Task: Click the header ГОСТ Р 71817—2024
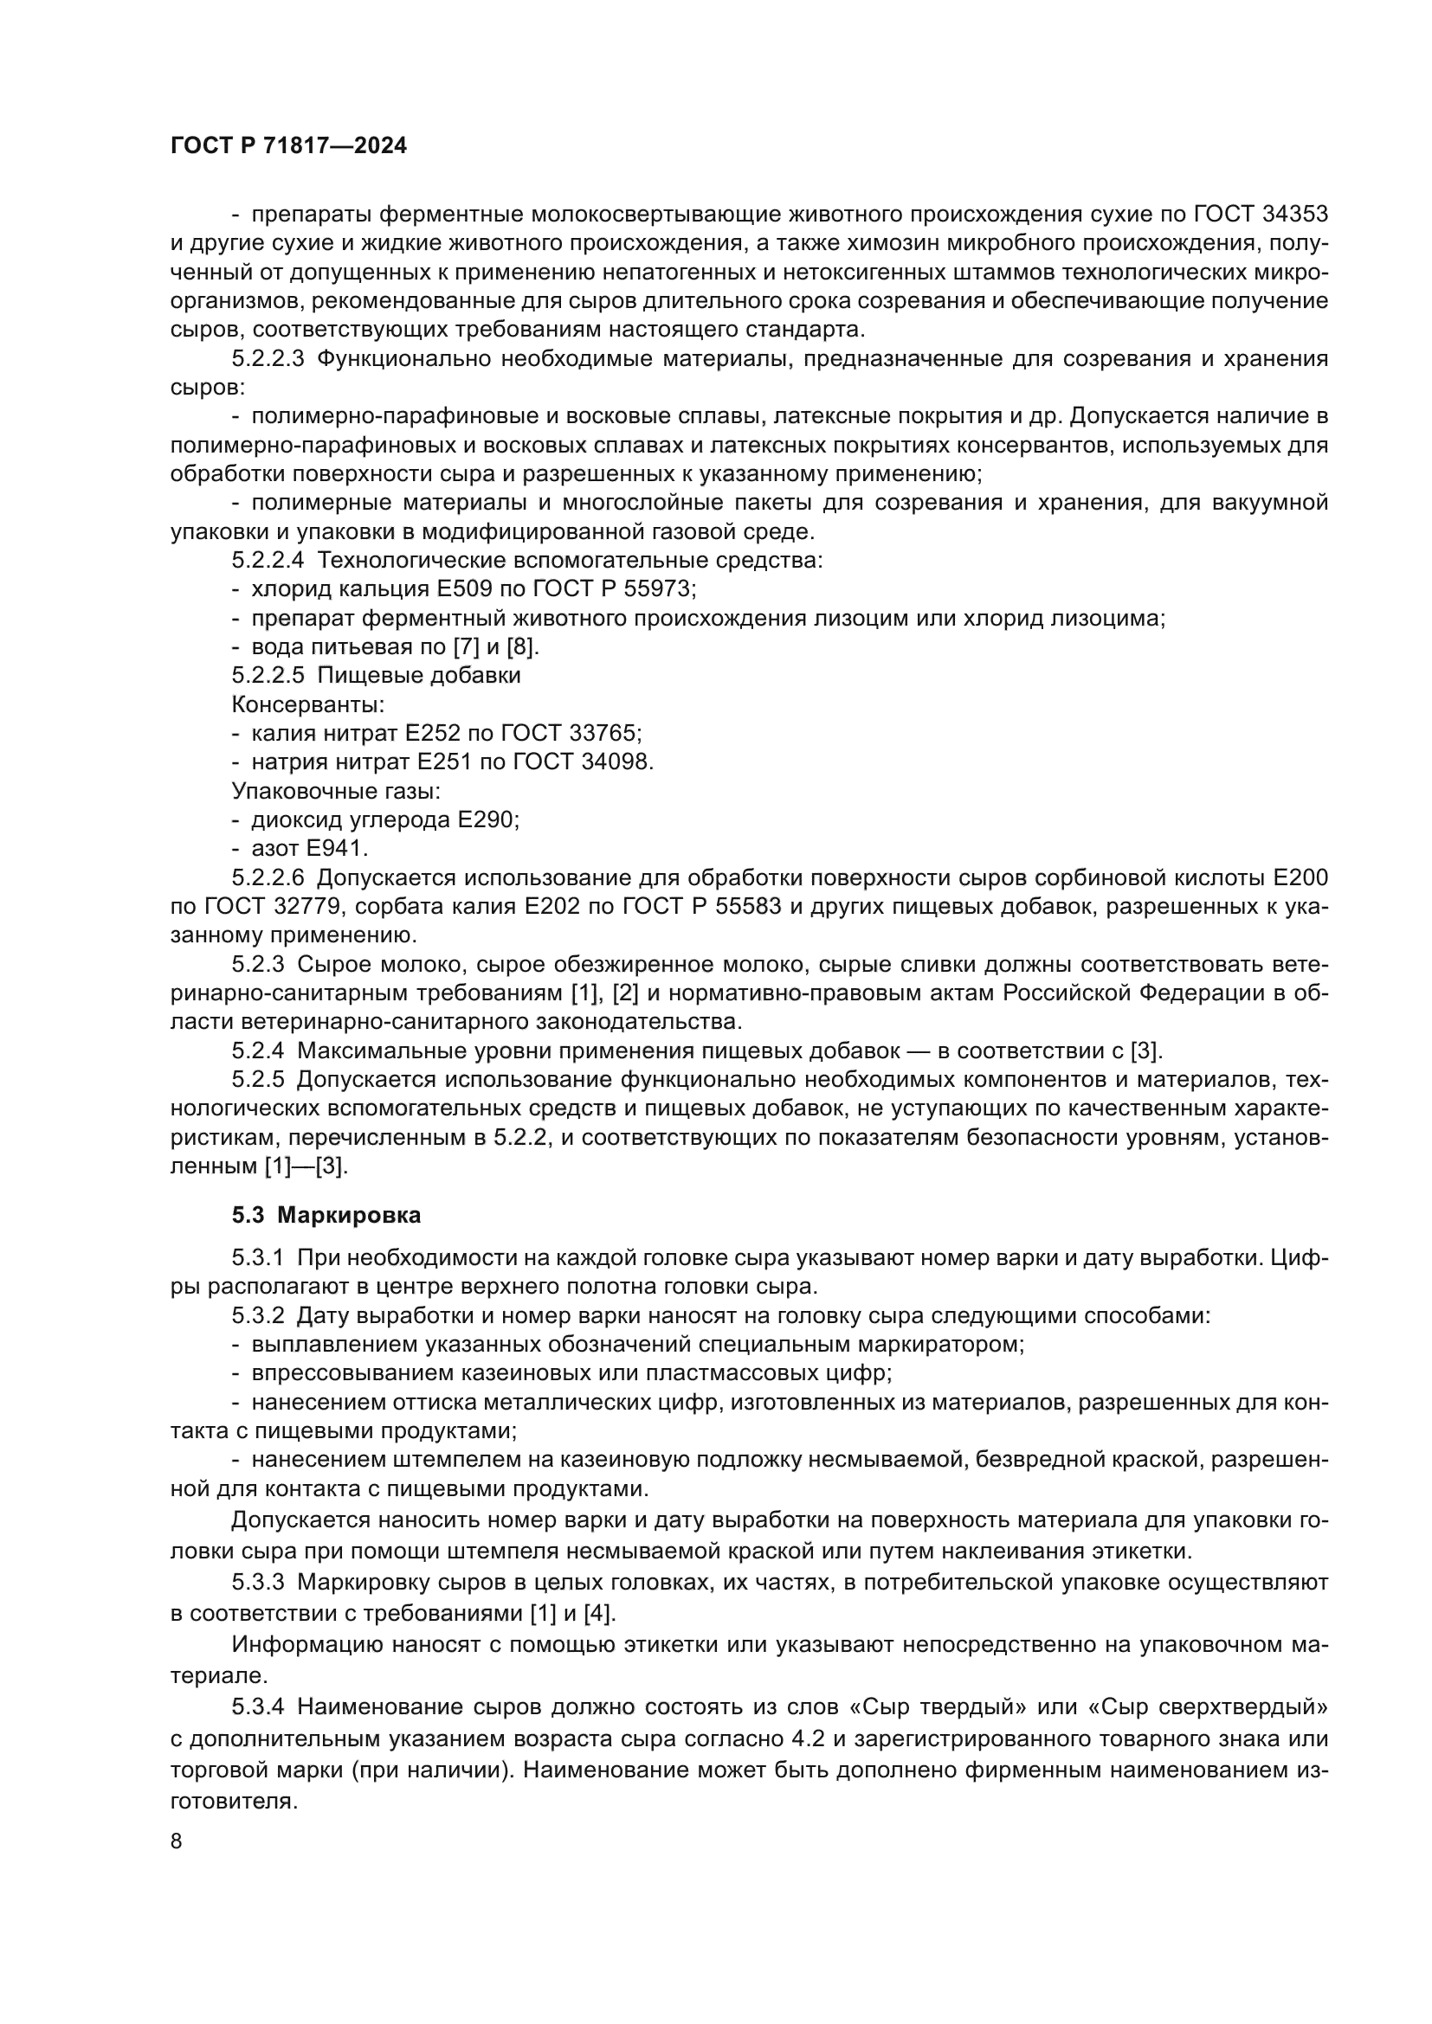[x=288, y=146]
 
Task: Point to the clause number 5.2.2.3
[x=268, y=359]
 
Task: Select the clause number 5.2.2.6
[x=268, y=878]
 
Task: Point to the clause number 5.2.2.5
[x=268, y=675]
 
